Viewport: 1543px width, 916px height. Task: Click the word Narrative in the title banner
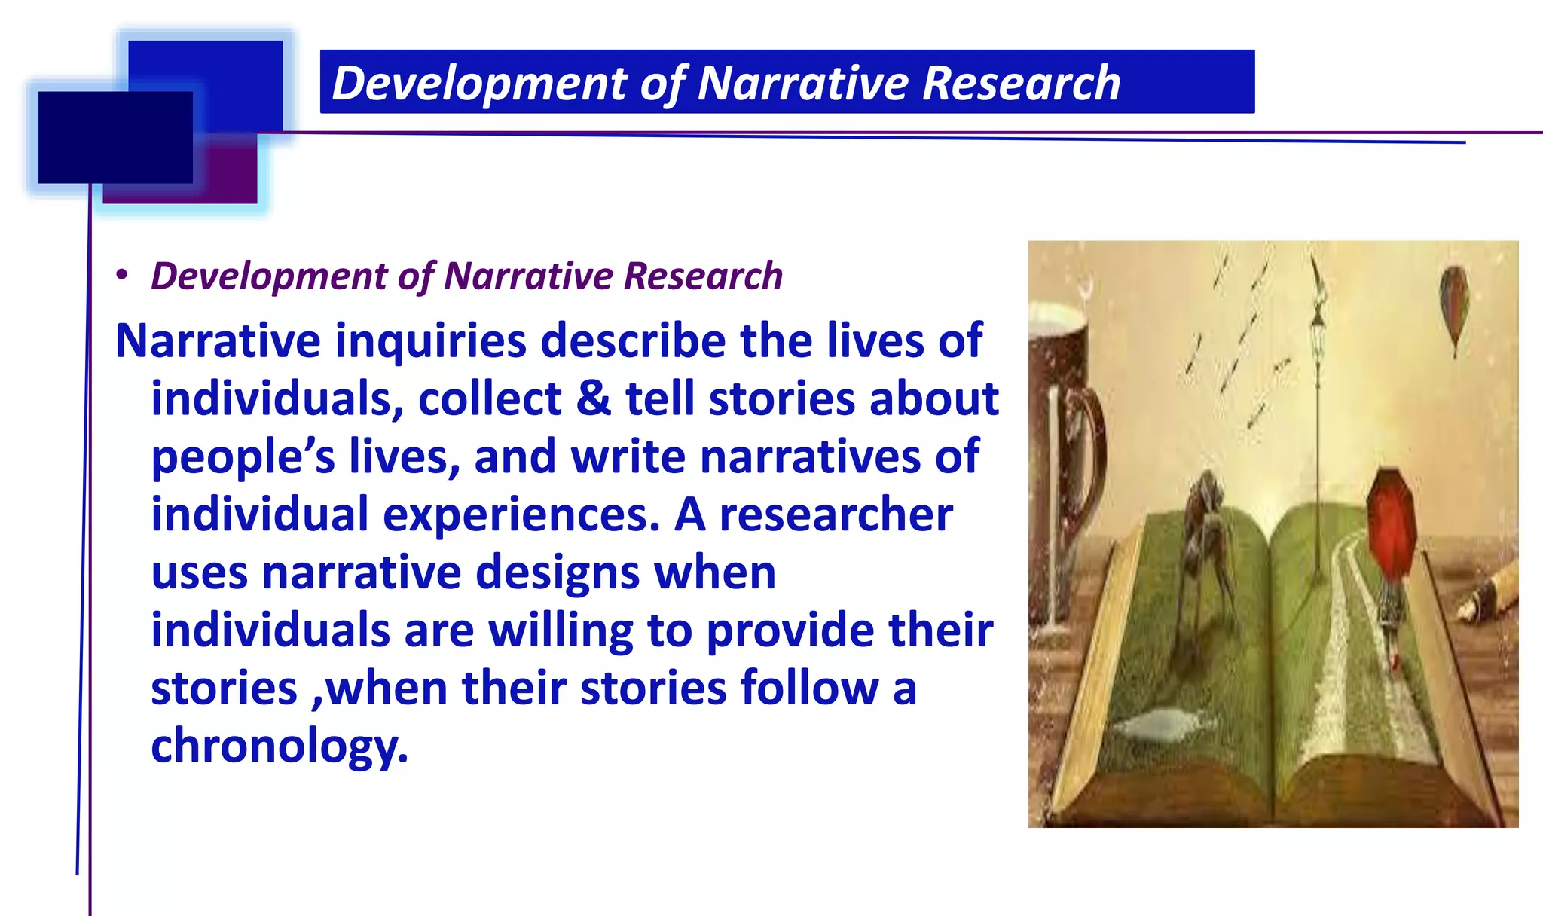(x=803, y=83)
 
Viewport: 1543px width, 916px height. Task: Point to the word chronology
(x=279, y=746)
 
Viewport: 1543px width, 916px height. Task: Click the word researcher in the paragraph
(x=836, y=514)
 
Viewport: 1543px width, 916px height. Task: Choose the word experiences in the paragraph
(x=521, y=514)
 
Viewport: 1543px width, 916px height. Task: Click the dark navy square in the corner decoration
(x=115, y=137)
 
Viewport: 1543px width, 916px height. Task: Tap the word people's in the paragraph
(x=243, y=456)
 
